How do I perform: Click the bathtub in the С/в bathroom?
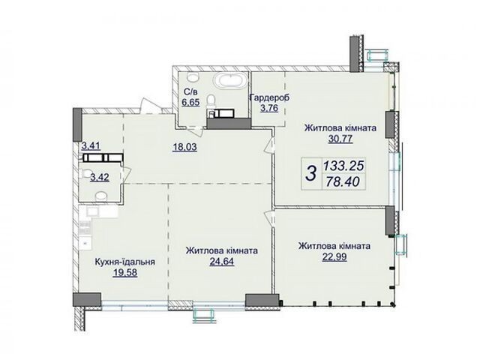[230, 81]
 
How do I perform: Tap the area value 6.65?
[190, 102]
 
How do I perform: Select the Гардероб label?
[269, 98]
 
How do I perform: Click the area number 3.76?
[269, 108]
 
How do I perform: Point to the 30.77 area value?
[340, 139]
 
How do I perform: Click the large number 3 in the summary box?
[312, 173]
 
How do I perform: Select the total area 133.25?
[343, 166]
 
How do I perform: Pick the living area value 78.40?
[342, 182]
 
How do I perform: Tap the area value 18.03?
[184, 148]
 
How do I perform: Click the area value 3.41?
[91, 146]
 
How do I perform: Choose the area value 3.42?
[100, 177]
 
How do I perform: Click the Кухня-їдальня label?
[125, 262]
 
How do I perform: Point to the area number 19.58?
[125, 272]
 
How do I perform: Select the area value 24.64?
[222, 262]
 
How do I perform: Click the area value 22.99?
[334, 256]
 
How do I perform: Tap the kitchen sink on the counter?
[92, 211]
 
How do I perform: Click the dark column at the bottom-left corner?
[87, 300]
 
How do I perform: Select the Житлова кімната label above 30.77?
[340, 128]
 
